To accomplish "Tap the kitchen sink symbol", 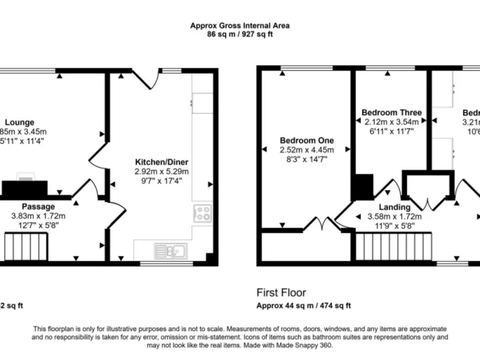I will pos(169,251).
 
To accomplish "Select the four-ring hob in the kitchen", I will pos(202,213).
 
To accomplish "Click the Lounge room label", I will pos(20,122).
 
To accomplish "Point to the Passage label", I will pos(38,206).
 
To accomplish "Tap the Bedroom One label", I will pos(306,140).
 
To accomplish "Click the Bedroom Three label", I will pos(392,112).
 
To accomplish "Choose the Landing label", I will pos(394,207).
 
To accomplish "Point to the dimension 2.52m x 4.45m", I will pos(306,149).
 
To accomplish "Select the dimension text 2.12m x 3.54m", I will pos(392,122).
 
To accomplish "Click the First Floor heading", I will pos(281,292).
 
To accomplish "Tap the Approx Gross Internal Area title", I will pos(240,26).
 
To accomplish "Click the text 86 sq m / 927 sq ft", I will pos(240,34).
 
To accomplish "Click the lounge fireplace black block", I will pos(25,188).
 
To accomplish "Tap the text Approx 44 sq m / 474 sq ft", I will pos(304,306).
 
